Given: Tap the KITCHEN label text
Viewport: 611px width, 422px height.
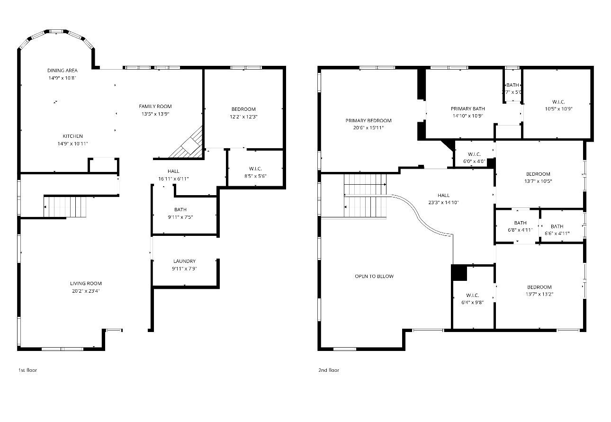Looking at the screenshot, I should point(72,136).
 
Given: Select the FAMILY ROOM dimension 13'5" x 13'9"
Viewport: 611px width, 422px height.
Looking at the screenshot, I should point(155,114).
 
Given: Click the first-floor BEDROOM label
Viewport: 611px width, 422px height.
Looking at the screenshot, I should point(243,109).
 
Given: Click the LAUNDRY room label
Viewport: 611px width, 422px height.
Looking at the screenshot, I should point(184,261).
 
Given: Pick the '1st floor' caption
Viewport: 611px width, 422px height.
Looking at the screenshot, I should point(27,370).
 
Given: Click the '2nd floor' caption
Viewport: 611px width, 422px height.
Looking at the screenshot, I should point(328,370).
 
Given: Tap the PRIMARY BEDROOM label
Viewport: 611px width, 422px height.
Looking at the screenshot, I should point(368,121).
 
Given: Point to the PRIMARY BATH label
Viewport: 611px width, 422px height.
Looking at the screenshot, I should point(467,109).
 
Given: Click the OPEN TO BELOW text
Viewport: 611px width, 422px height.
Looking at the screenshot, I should point(374,276).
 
